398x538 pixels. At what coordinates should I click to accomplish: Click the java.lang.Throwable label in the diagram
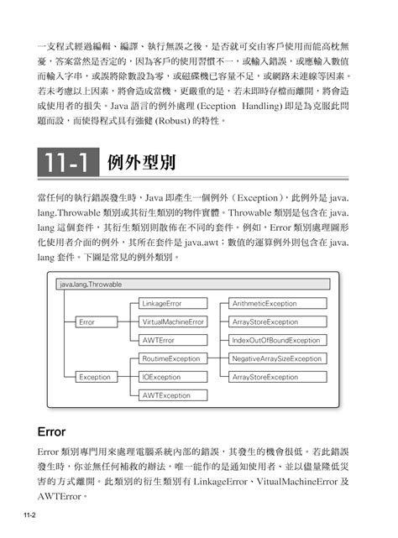(x=91, y=285)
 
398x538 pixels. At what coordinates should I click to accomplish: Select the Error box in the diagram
(x=86, y=321)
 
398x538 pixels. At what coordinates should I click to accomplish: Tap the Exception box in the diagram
(x=95, y=377)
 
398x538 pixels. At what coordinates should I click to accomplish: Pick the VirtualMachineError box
(x=172, y=321)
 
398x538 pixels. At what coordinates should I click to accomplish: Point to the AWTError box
(x=160, y=340)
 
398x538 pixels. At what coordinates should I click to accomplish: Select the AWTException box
(x=165, y=395)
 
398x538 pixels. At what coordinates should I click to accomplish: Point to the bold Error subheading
(x=55, y=432)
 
